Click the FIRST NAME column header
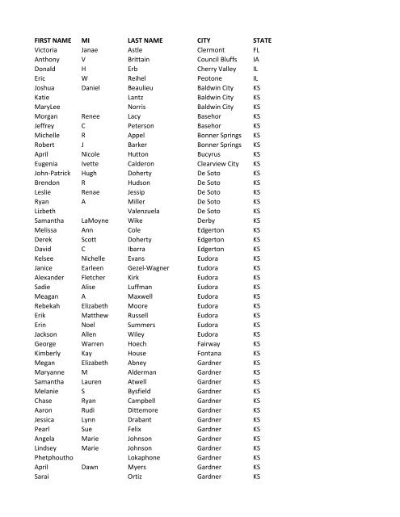(x=53, y=38)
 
